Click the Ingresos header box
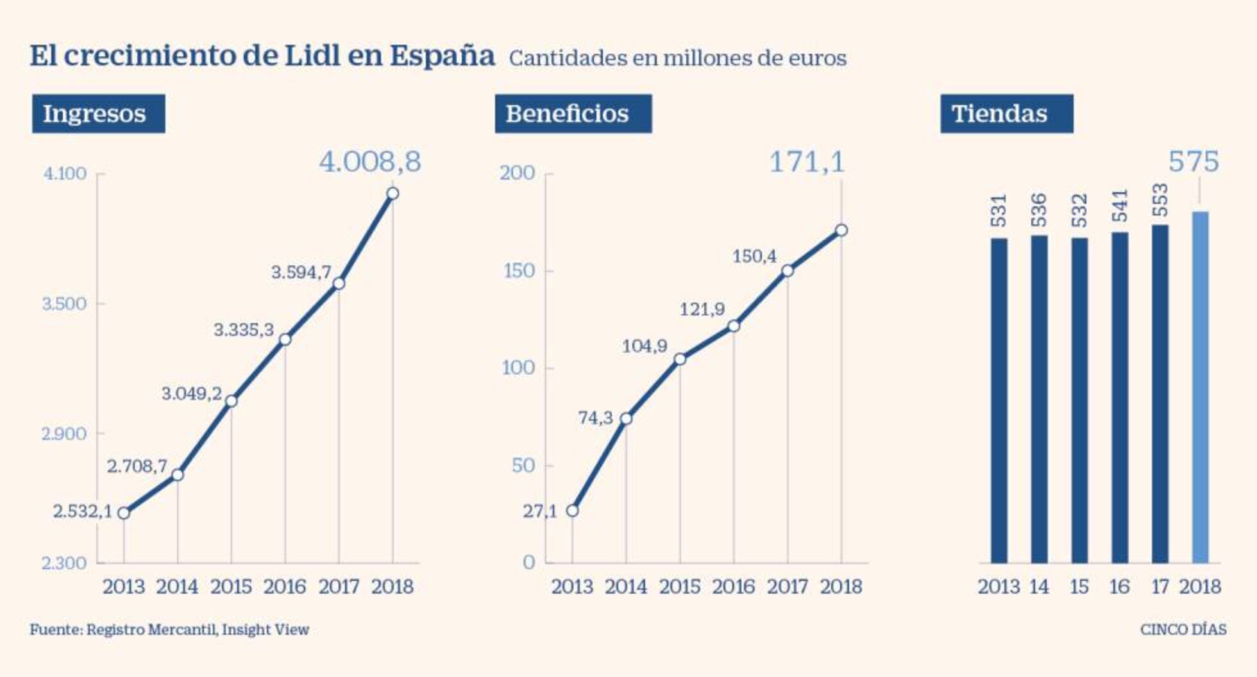98,113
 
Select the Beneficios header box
573,113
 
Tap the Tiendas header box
1006,113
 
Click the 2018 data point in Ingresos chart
392,194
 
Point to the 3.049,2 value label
191,394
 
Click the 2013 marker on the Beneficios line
572,511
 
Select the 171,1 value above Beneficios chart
807,162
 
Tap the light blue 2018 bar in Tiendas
1200,387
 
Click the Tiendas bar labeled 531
999,401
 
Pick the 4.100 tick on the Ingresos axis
64,174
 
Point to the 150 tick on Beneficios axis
519,271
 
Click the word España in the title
442,56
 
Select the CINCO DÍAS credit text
1183,630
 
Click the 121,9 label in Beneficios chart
702,310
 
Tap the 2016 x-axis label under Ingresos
285,586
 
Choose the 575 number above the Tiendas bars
1193,162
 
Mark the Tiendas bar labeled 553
1160,394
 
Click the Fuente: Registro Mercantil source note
169,630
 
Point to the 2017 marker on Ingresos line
339,283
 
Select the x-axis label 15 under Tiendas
1079,586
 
